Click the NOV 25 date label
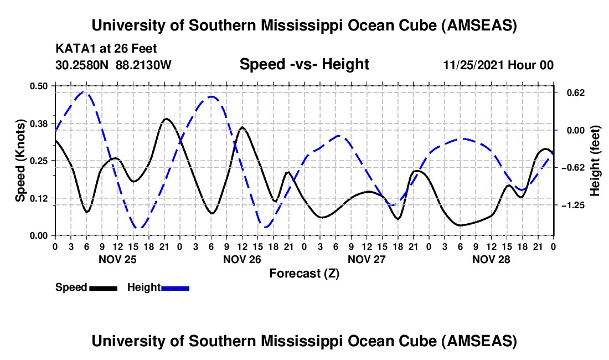[x=117, y=259]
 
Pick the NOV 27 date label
[x=367, y=259]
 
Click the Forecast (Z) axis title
[x=304, y=273]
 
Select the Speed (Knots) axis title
[x=20, y=161]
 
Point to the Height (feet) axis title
[x=595, y=161]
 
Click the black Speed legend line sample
[x=103, y=288]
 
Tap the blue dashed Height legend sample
[x=175, y=288]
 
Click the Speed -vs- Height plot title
[x=304, y=65]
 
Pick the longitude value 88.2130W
[x=144, y=65]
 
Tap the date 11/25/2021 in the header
[x=473, y=65]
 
